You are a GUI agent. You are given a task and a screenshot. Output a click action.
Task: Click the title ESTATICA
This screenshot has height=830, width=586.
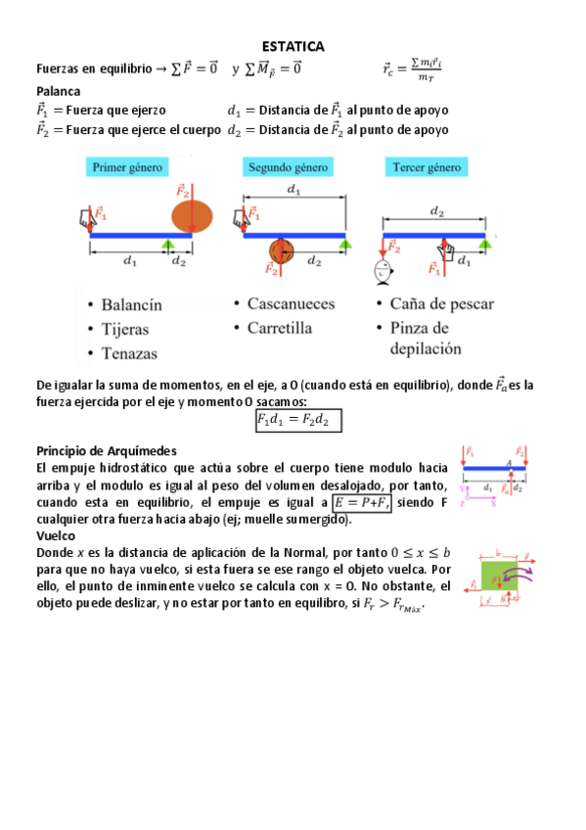click(293, 46)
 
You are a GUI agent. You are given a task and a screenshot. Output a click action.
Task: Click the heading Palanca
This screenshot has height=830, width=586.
click(58, 90)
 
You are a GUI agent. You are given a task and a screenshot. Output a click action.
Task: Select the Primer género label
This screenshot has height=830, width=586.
click(127, 167)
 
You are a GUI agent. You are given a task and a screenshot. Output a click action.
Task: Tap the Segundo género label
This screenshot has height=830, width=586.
click(288, 167)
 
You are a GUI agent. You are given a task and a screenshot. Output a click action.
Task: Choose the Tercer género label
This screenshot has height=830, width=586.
click(427, 167)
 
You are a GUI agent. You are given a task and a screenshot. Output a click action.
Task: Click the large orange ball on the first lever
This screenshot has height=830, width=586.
click(192, 216)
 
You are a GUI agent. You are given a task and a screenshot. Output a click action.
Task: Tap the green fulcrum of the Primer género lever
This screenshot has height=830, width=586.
click(169, 243)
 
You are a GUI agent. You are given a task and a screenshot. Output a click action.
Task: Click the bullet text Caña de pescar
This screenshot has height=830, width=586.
click(441, 304)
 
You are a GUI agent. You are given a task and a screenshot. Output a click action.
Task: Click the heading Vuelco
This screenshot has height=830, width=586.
click(57, 537)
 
